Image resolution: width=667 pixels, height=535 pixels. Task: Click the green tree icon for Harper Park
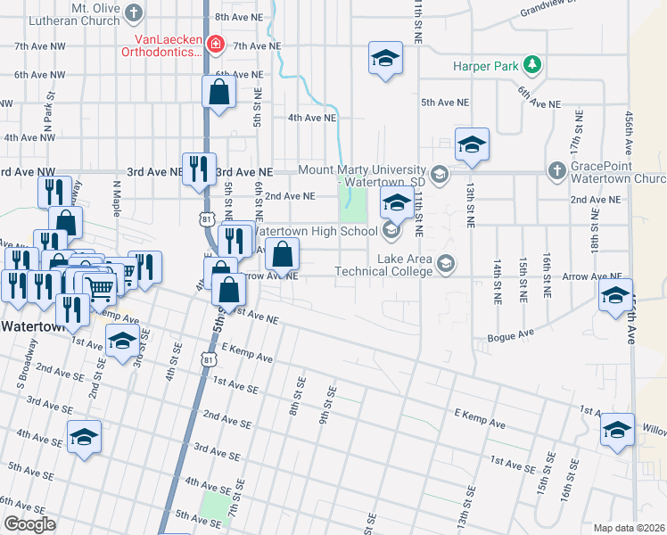tap(532, 64)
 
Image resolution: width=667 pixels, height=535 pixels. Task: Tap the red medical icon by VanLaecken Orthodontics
tap(214, 44)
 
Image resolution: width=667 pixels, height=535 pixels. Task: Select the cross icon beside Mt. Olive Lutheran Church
tap(135, 12)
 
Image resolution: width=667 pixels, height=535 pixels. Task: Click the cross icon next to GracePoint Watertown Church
tap(556, 170)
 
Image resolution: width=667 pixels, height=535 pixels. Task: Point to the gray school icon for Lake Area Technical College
tap(446, 263)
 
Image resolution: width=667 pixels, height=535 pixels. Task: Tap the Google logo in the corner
tap(29, 524)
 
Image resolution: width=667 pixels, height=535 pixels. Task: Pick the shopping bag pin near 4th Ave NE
tap(218, 92)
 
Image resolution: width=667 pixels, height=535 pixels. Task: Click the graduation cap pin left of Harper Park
tap(385, 60)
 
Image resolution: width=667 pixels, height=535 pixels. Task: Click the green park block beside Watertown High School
tap(353, 210)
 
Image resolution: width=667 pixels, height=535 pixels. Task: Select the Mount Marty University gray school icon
tap(438, 174)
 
